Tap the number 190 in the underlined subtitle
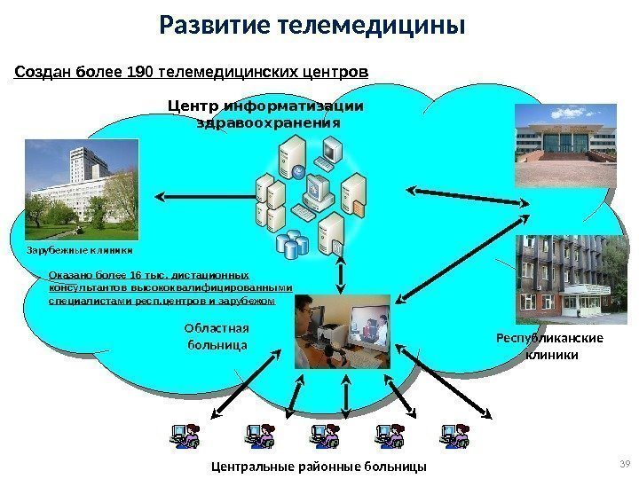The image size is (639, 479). (x=140, y=70)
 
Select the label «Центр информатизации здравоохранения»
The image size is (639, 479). (x=266, y=114)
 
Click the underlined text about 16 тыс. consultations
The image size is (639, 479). (x=170, y=288)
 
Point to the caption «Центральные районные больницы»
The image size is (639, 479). (x=319, y=466)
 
